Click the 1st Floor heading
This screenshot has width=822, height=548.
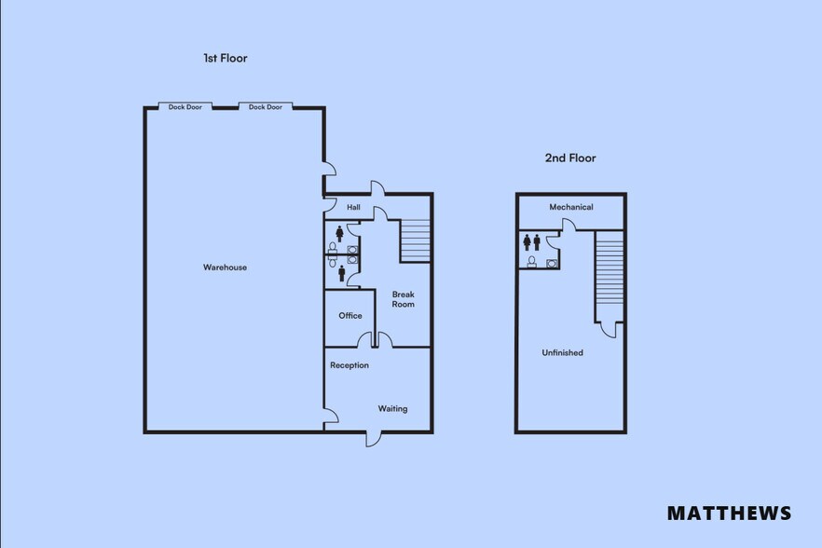tap(225, 58)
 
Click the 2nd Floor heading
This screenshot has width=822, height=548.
tap(570, 158)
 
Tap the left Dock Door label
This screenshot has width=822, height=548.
tap(185, 107)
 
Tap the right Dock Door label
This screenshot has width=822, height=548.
tap(266, 107)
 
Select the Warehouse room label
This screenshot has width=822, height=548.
tap(225, 267)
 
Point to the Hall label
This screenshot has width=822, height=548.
tap(353, 207)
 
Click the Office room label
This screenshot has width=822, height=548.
tap(350, 316)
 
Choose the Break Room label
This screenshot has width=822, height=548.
tap(404, 299)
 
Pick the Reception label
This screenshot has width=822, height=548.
tap(349, 365)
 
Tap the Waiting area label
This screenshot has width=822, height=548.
tap(392, 409)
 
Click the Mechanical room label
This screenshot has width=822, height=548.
tap(571, 207)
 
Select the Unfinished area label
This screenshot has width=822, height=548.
tap(563, 353)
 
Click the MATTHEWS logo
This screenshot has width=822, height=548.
tap(729, 513)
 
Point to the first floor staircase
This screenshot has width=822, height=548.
tap(416, 240)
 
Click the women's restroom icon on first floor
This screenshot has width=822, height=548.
tap(339, 234)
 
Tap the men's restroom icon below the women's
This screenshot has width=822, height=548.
tap(342, 273)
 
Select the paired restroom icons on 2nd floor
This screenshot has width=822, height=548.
tap(531, 242)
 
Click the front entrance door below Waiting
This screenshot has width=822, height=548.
tap(374, 439)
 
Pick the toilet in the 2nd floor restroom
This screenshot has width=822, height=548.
tap(531, 262)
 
